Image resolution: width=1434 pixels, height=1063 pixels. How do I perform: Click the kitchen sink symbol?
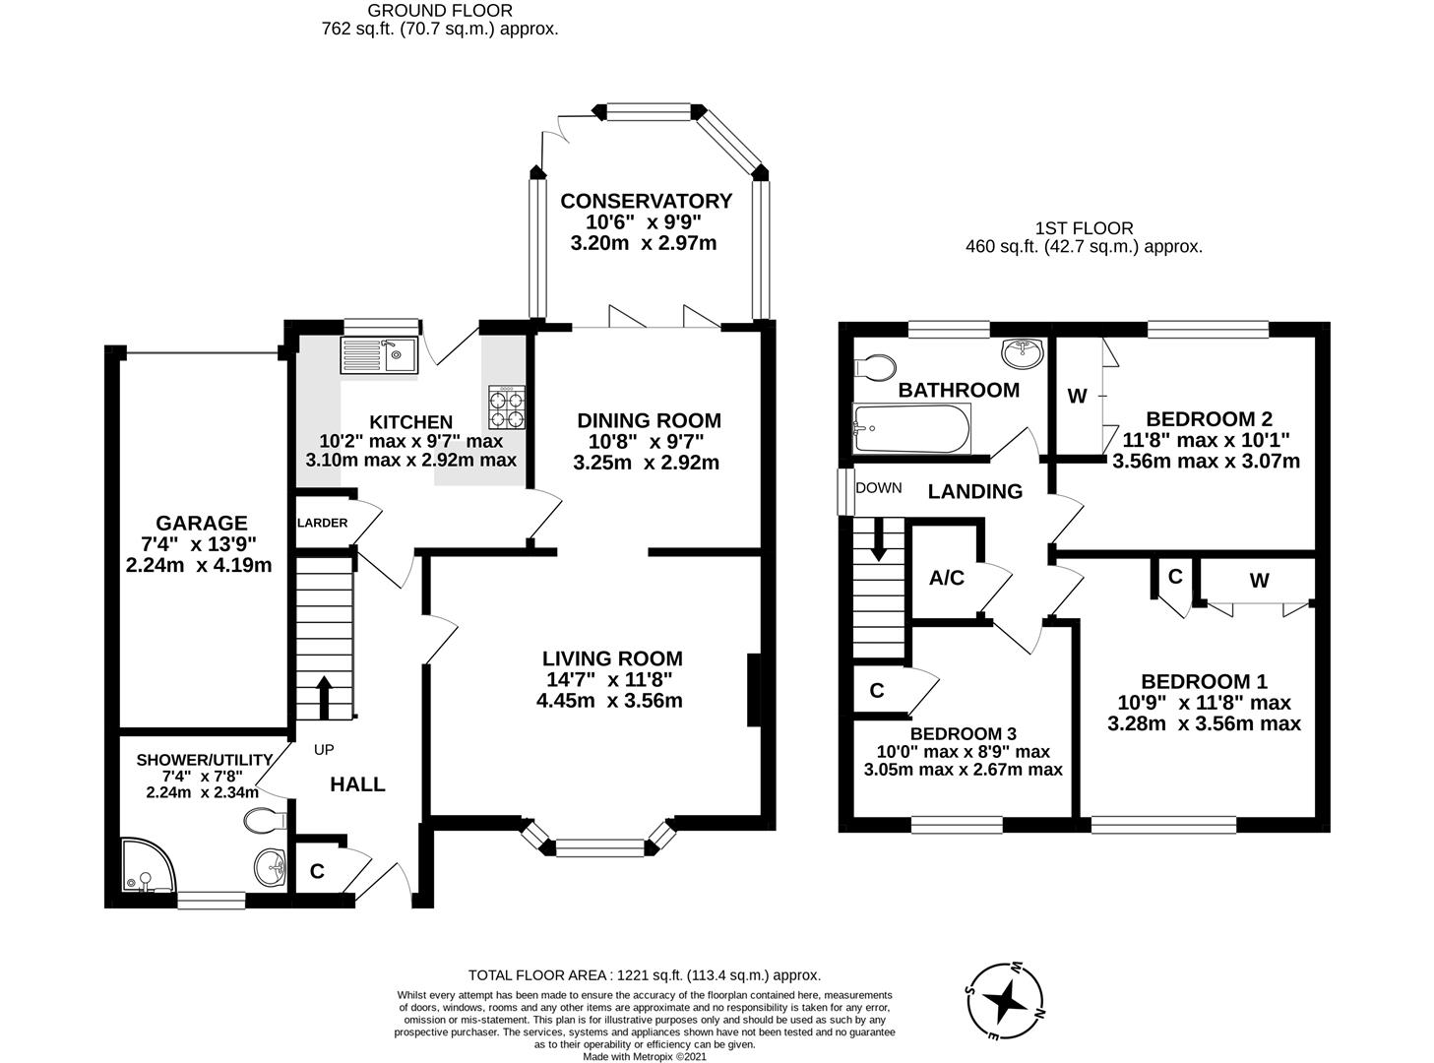[x=378, y=354]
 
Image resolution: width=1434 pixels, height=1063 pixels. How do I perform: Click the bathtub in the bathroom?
[x=911, y=428]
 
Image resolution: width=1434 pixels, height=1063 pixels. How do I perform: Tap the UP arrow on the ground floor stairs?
[x=324, y=695]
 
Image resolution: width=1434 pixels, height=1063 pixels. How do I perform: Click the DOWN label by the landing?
[x=878, y=488]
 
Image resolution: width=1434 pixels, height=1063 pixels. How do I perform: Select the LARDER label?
[x=323, y=523]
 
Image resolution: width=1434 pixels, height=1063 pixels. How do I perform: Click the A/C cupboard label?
[x=946, y=578]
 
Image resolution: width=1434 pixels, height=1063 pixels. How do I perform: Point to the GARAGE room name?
[x=201, y=523]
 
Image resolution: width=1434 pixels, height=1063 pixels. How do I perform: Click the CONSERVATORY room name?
[x=646, y=201]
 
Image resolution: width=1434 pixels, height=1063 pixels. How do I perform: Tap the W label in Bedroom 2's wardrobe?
[x=1077, y=397]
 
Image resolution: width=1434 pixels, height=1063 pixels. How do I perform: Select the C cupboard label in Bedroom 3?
[x=876, y=691]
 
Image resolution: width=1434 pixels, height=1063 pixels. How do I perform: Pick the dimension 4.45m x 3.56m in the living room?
[x=609, y=701]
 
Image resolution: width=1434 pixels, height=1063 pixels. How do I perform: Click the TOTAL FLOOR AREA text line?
[x=644, y=975]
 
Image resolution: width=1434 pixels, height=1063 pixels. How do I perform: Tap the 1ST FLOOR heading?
[x=1083, y=227]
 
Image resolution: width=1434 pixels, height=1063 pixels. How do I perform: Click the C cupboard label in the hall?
[x=317, y=871]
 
